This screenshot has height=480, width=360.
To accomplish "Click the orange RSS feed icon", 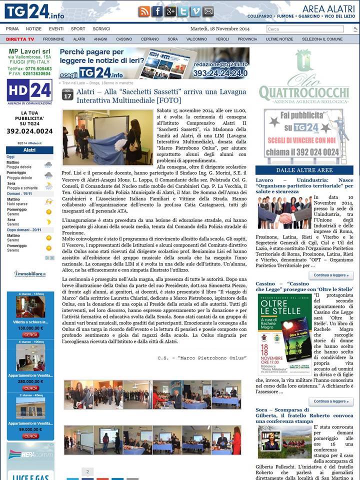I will pyautogui.click(x=144, y=11).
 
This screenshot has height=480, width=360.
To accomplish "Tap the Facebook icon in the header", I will pyautogui.click(x=157, y=11).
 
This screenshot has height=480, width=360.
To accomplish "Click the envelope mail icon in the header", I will pyautogui.click(x=208, y=11).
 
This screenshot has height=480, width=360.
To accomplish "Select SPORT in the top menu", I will pyautogui.click(x=78, y=29).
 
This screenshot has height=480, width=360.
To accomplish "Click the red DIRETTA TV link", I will pyautogui.click(x=20, y=39).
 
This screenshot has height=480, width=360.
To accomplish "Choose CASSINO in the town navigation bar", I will pyautogui.click(x=124, y=39).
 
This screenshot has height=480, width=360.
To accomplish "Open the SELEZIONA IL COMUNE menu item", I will pyautogui.click(x=322, y=39).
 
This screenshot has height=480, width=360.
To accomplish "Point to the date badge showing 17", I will pyautogui.click(x=67, y=94).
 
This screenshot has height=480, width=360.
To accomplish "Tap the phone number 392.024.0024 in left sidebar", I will pyautogui.click(x=29, y=131).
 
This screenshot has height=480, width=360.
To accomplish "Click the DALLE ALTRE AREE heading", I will pyautogui.click(x=304, y=170).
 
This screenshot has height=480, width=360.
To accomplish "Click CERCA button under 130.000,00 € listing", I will pyautogui.click(x=30, y=334).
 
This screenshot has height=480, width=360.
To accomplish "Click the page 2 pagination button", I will pyautogui.click(x=87, y=471).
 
